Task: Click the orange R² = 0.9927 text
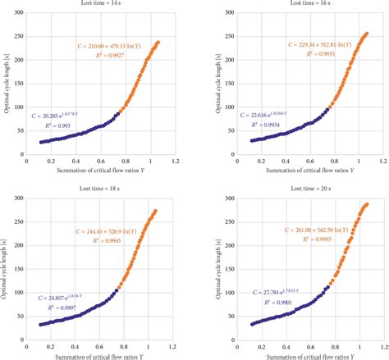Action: (x=122, y=57)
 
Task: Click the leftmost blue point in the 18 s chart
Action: (x=41, y=325)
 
